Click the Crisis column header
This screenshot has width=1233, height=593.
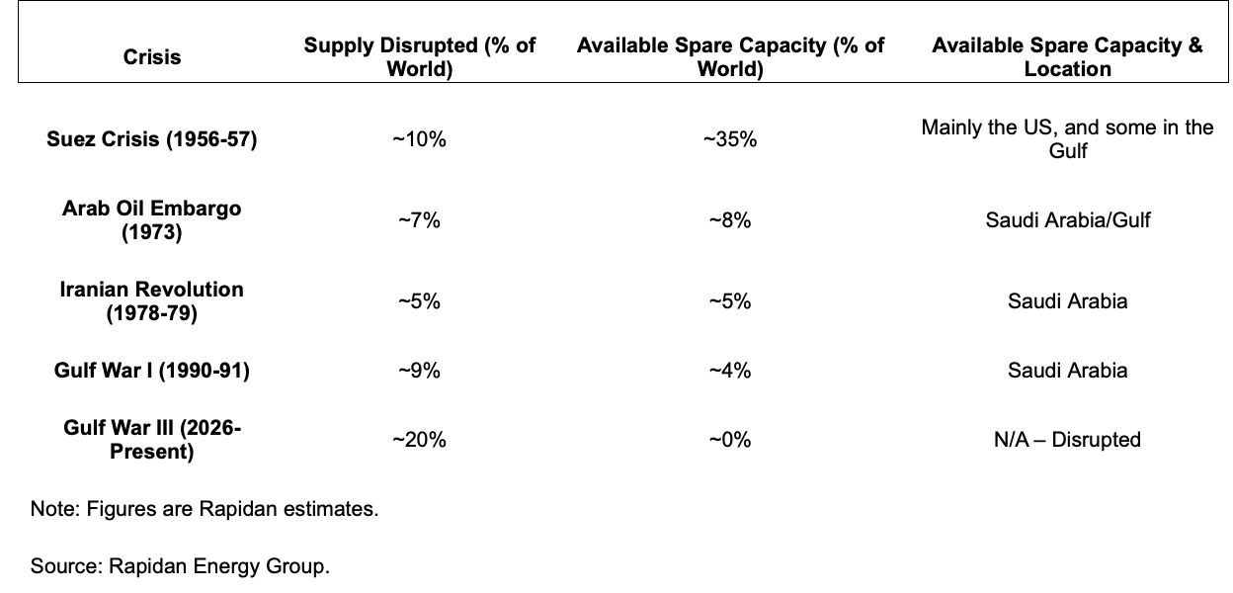[x=152, y=57]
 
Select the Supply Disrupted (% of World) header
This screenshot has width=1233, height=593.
[x=420, y=57]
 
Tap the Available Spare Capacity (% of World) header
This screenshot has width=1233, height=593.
[x=730, y=57]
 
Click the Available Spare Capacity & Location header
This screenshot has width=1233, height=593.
[x=1067, y=57]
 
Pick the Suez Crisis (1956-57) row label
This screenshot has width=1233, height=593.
[x=152, y=139]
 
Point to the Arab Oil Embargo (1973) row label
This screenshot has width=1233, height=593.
[x=152, y=219]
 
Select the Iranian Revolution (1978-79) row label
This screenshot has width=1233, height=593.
[x=152, y=300]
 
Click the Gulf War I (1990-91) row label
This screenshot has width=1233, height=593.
[x=152, y=371]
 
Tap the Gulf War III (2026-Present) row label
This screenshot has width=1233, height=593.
[x=152, y=440]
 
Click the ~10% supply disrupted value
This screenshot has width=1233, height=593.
[x=420, y=139]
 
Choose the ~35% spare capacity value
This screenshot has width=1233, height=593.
[x=730, y=139]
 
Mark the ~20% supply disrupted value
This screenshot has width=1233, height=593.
[x=420, y=440]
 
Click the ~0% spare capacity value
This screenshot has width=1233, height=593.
[x=730, y=440]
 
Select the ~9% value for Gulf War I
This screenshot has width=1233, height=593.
[x=420, y=371]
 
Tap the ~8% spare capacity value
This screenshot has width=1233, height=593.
[x=730, y=220]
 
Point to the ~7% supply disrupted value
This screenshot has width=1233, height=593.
[x=420, y=220]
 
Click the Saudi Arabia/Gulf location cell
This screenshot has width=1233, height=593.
[x=1067, y=220]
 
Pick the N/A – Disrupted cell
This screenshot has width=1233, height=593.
[x=1067, y=440]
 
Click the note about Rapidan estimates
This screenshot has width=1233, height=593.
[x=205, y=510]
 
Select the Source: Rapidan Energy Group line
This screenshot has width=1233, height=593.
[x=180, y=566]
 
